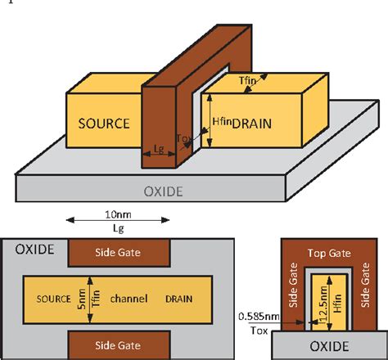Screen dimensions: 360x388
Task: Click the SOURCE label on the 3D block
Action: tap(104, 124)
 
